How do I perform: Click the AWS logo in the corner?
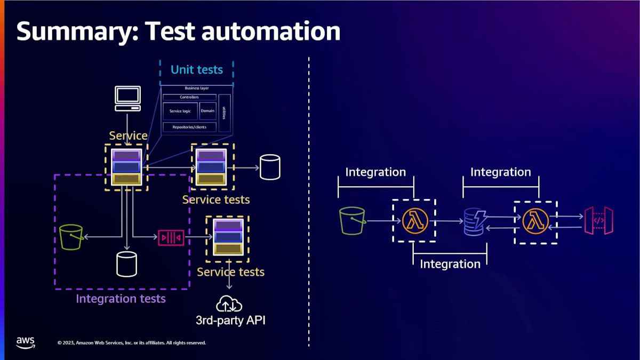(25, 342)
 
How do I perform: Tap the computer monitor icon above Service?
(128, 98)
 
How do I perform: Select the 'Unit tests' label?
(196, 69)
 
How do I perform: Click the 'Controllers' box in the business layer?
(189, 97)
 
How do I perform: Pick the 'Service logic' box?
(180, 111)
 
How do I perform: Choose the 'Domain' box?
(207, 111)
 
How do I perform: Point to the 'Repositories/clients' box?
(189, 127)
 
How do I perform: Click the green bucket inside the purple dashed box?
(71, 237)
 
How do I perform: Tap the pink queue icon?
(171, 237)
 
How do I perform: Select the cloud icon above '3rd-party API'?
(229, 305)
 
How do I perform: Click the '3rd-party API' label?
(230, 321)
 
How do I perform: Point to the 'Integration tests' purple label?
(121, 299)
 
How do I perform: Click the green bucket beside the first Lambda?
(352, 221)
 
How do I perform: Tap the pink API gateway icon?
(598, 220)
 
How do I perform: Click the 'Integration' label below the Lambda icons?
(450, 263)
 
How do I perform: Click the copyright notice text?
(131, 342)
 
